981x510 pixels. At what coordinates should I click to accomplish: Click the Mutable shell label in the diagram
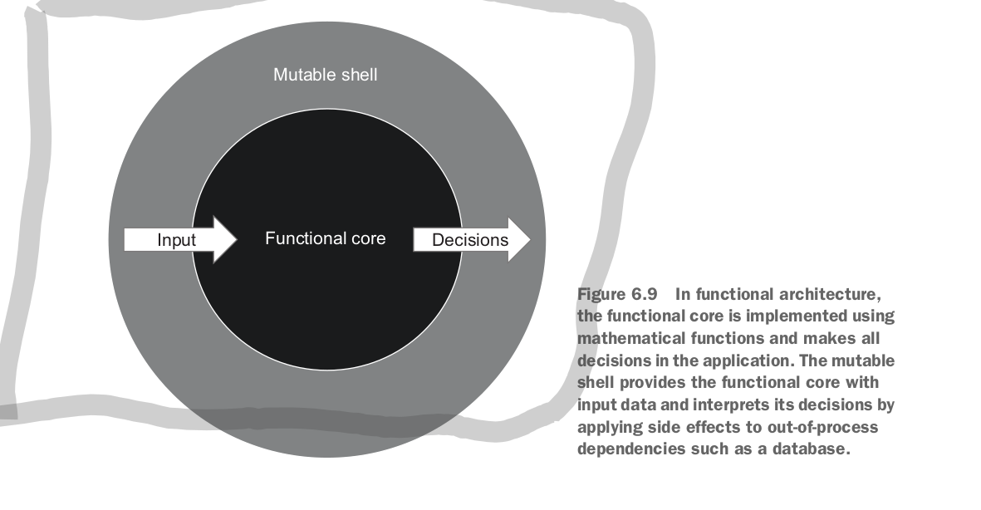pos(326,76)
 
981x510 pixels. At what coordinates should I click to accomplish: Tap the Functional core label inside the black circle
pos(326,238)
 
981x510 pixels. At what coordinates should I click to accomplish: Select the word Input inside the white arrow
pos(176,241)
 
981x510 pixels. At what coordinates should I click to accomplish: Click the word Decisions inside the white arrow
pos(470,240)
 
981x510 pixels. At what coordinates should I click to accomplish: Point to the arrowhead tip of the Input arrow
pos(237,240)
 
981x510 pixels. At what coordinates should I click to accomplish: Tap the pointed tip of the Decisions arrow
pos(529,240)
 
